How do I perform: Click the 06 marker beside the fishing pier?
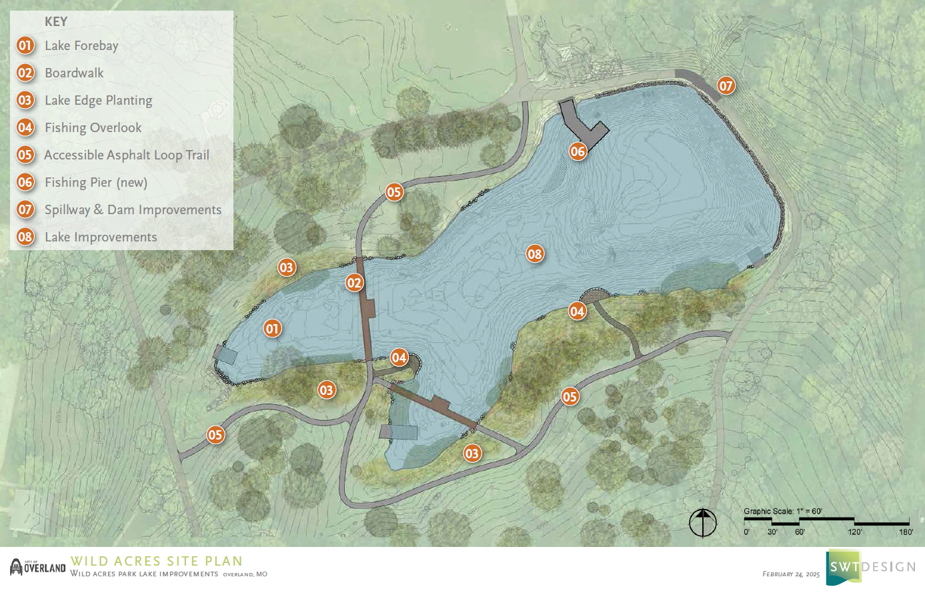click(x=578, y=151)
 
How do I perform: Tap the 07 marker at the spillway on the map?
click(x=726, y=85)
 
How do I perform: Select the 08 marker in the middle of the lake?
click(x=535, y=253)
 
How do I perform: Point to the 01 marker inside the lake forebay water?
click(x=272, y=328)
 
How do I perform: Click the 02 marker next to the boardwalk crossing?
click(x=354, y=283)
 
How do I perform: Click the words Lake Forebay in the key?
click(x=81, y=45)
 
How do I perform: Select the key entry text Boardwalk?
click(x=74, y=73)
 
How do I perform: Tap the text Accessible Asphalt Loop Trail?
click(x=127, y=155)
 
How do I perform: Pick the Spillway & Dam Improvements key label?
click(x=133, y=209)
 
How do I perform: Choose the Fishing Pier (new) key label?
click(x=96, y=182)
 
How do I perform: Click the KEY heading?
click(x=56, y=21)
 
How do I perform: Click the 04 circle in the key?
click(x=25, y=127)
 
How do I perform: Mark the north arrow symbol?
click(x=703, y=522)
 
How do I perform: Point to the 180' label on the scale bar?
click(x=906, y=532)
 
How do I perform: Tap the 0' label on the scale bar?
click(x=746, y=532)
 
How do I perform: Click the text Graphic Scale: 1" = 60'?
click(x=783, y=512)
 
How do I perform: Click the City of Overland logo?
click(x=38, y=567)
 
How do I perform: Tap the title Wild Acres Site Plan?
click(x=157, y=561)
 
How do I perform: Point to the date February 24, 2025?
click(x=791, y=574)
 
